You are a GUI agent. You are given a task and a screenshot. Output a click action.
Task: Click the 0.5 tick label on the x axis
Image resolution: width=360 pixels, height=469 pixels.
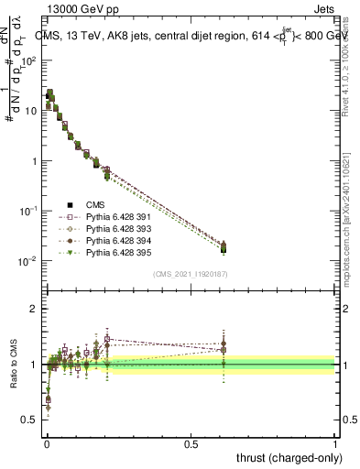pos(191,443)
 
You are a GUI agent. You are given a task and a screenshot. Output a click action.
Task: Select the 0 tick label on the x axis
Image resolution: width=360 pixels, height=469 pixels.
pos(47,443)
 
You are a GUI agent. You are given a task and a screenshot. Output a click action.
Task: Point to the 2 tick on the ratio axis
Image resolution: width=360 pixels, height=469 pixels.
pos(34,309)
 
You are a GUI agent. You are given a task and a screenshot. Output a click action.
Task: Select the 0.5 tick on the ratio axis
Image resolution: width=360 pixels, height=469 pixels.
pos(29,420)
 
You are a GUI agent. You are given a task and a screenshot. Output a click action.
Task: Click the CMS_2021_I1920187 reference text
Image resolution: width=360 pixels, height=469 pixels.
pos(190,273)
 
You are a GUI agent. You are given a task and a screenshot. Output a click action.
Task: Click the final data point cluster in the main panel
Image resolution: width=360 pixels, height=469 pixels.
pos(224,247)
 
